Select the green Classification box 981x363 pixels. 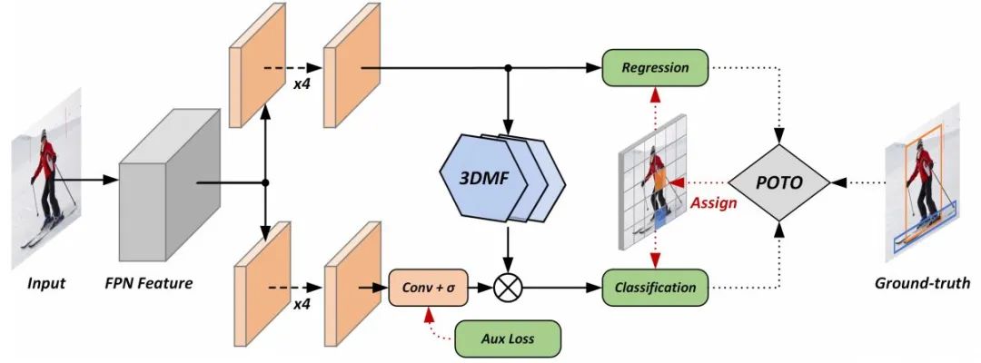click(654, 288)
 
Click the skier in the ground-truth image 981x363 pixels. click(923, 186)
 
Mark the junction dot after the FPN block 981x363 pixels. click(264, 182)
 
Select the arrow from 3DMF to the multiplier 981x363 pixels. click(508, 247)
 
